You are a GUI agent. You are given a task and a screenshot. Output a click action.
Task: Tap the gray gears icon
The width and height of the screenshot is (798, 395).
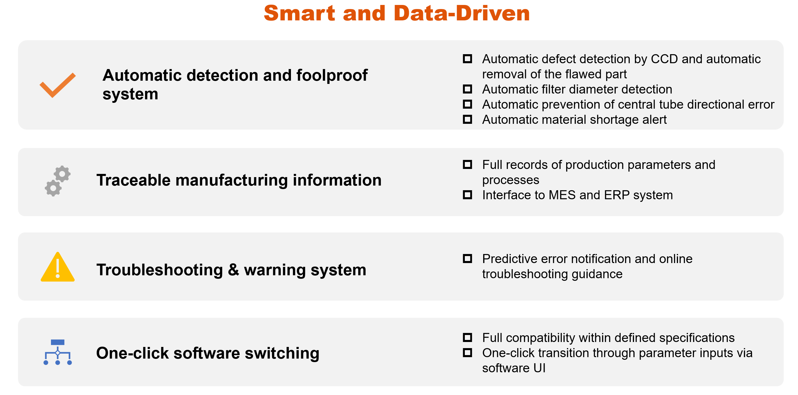point(58,181)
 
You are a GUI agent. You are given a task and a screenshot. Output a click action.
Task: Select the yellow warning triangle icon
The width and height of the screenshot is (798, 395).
point(58,267)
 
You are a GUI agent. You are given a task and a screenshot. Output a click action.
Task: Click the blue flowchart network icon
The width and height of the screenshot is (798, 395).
point(58,352)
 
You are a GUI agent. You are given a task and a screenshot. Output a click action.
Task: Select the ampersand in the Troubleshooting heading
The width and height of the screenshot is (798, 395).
point(234,269)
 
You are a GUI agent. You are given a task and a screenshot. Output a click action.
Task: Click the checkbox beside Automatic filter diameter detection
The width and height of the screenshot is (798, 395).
point(467,89)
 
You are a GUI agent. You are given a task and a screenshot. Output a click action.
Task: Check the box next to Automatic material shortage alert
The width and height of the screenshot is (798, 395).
point(467,119)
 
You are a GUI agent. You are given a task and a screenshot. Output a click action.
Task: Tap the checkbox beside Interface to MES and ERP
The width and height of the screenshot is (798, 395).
point(467,195)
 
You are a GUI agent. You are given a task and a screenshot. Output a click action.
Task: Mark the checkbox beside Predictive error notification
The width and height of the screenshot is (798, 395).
point(467,258)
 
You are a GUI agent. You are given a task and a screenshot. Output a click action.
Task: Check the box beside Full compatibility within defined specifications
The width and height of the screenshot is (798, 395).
point(467,337)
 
